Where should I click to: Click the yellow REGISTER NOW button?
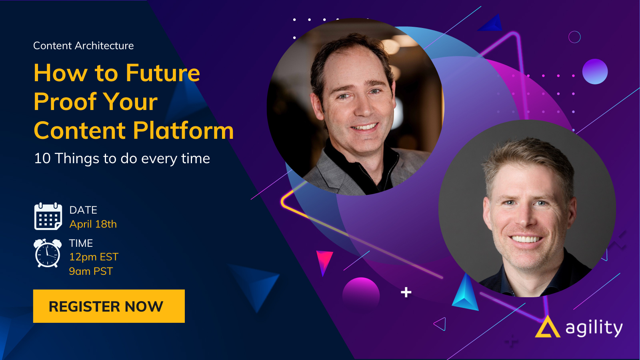click(x=109, y=306)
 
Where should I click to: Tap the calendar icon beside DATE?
click(x=48, y=216)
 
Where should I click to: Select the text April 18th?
click(x=93, y=224)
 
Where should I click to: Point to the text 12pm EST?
click(x=94, y=257)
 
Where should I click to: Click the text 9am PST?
click(x=91, y=271)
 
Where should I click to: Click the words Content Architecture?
click(x=84, y=46)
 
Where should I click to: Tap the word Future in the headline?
click(x=163, y=73)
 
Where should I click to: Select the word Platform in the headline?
click(x=184, y=130)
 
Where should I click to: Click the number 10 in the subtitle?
click(x=42, y=158)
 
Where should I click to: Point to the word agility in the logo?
click(x=594, y=328)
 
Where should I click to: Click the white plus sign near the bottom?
click(x=406, y=292)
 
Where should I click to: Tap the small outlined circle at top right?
click(x=574, y=37)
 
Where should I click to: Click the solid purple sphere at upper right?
click(x=595, y=72)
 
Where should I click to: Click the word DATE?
click(x=83, y=210)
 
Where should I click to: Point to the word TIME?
click(x=81, y=243)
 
